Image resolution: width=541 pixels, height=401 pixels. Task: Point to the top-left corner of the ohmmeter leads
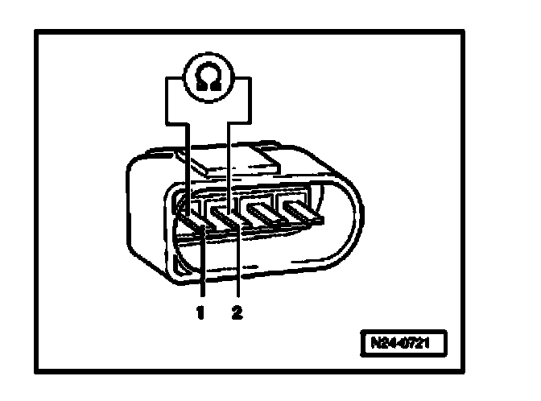[x=168, y=78]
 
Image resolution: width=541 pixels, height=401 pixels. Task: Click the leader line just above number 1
[x=202, y=274]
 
